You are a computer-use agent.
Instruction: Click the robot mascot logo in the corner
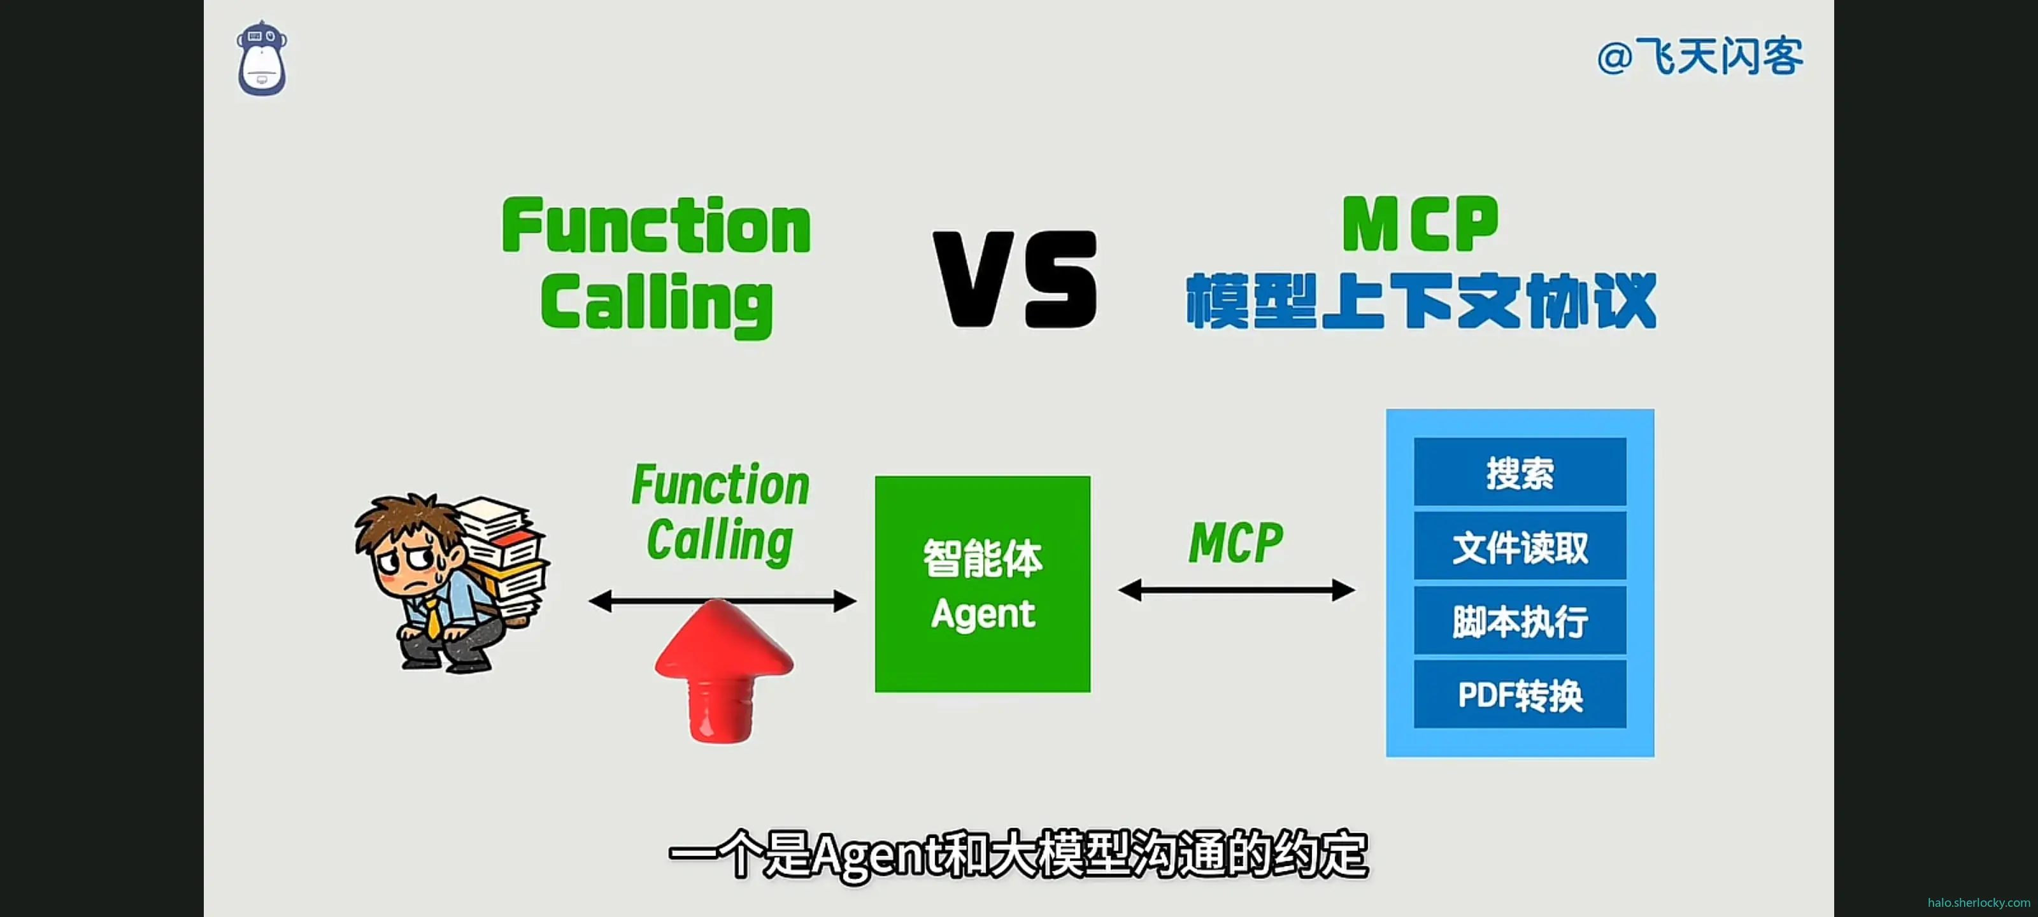click(x=262, y=60)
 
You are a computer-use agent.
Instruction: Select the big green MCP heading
click(x=1420, y=224)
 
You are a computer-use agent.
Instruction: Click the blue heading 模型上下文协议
click(x=1420, y=301)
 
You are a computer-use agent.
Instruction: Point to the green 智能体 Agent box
click(x=982, y=584)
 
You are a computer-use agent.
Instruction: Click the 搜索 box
click(x=1519, y=473)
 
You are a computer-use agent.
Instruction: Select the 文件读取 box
click(x=1519, y=547)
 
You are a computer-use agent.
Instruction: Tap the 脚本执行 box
click(x=1519, y=621)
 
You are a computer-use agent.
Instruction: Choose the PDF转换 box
click(x=1519, y=695)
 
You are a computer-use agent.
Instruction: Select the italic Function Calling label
click(x=720, y=513)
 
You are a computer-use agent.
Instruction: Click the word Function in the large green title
click(x=656, y=226)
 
